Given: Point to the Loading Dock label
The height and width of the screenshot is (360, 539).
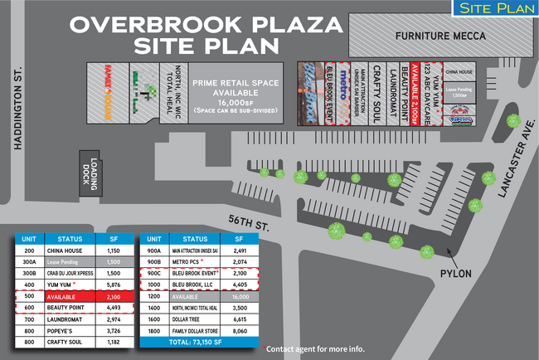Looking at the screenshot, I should coord(89,173).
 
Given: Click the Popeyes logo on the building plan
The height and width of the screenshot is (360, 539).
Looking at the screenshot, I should coord(461,119).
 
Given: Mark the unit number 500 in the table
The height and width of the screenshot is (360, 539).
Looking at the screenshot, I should coord(28,296).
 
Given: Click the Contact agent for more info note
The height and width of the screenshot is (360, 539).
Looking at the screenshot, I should coord(315,348).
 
